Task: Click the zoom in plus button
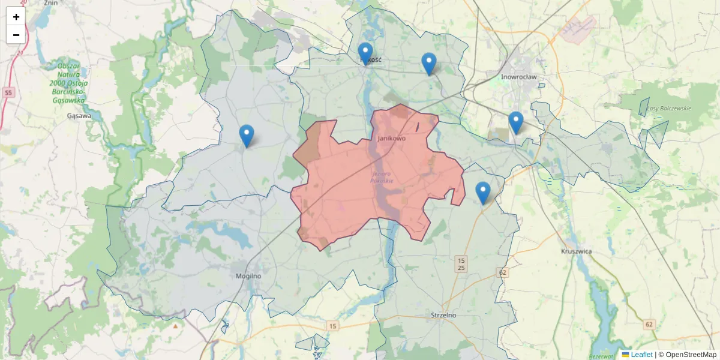[16, 17]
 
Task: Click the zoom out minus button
[16, 35]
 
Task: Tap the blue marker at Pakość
[365, 53]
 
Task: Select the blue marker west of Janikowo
[246, 135]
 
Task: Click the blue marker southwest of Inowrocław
[515, 122]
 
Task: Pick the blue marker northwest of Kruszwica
[482, 192]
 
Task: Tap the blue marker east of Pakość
[428, 63]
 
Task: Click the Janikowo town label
[391, 138]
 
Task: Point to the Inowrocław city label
[518, 77]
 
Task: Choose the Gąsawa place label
[80, 115]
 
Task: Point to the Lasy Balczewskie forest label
[669, 109]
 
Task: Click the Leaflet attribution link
[641, 355]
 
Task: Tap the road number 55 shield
[8, 92]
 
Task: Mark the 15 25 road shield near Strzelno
[461, 263]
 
